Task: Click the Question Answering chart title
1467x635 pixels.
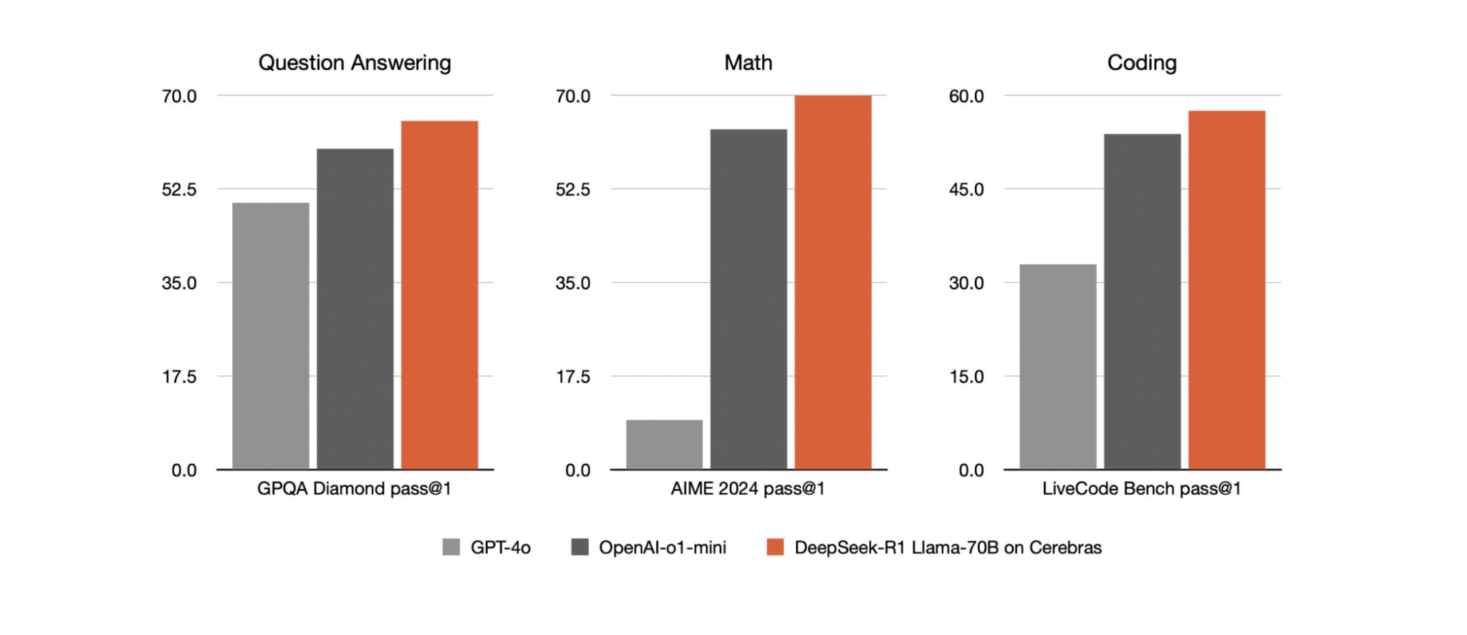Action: pyautogui.click(x=355, y=63)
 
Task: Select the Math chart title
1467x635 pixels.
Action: pyautogui.click(x=748, y=63)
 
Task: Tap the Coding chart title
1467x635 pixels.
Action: pyautogui.click(x=1142, y=63)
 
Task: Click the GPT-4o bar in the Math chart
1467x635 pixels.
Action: pyautogui.click(x=664, y=445)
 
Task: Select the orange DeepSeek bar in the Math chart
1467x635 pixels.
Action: pyautogui.click(x=832, y=282)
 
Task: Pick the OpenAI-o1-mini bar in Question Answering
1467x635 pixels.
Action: pyautogui.click(x=355, y=309)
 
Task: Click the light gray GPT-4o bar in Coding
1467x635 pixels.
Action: pyautogui.click(x=1058, y=367)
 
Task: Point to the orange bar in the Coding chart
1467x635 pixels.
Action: pyautogui.click(x=1226, y=290)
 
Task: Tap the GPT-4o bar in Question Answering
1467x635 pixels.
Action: pyautogui.click(x=271, y=336)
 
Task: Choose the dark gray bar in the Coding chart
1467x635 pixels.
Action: pyautogui.click(x=1142, y=301)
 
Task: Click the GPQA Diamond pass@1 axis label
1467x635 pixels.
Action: pyautogui.click(x=355, y=489)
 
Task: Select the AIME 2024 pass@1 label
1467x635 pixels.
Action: pyautogui.click(x=748, y=489)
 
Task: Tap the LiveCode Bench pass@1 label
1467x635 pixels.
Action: pyautogui.click(x=1142, y=489)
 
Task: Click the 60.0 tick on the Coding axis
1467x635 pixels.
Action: pyautogui.click(x=966, y=96)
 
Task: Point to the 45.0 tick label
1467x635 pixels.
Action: pyautogui.click(x=966, y=190)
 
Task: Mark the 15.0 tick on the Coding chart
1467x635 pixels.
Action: pyautogui.click(x=966, y=377)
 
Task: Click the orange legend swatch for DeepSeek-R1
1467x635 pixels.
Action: pyautogui.click(x=775, y=548)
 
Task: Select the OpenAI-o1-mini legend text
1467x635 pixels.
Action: pyautogui.click(x=663, y=548)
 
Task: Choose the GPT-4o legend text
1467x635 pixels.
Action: pyautogui.click(x=500, y=548)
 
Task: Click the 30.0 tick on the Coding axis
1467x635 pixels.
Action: pyautogui.click(x=966, y=283)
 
